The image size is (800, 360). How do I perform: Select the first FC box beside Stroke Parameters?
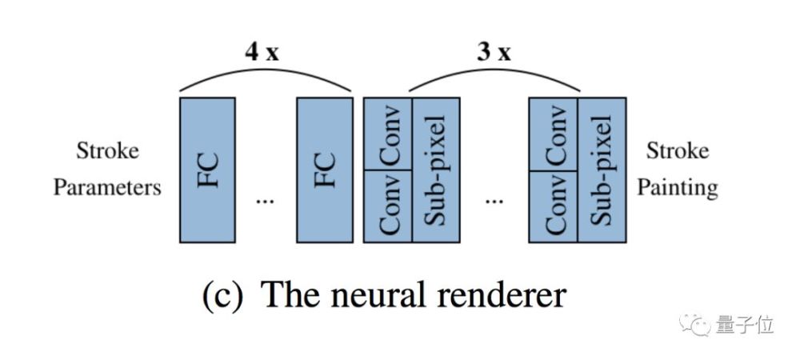208,170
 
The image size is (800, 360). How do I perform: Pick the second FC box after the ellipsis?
323,170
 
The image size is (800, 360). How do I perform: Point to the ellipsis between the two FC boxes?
264,201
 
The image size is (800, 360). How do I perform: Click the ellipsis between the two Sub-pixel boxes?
494,201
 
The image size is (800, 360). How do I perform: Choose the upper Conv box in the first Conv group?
388,134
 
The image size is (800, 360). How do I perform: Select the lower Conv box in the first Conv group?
388,206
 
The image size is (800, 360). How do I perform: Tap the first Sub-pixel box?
436,170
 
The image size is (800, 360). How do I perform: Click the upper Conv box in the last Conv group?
554,134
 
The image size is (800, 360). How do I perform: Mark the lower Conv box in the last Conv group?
554,206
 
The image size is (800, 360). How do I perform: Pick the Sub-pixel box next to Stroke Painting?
602,170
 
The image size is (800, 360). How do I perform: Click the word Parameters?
107,189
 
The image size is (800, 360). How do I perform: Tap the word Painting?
682,189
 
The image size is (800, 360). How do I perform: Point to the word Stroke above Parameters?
107,151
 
